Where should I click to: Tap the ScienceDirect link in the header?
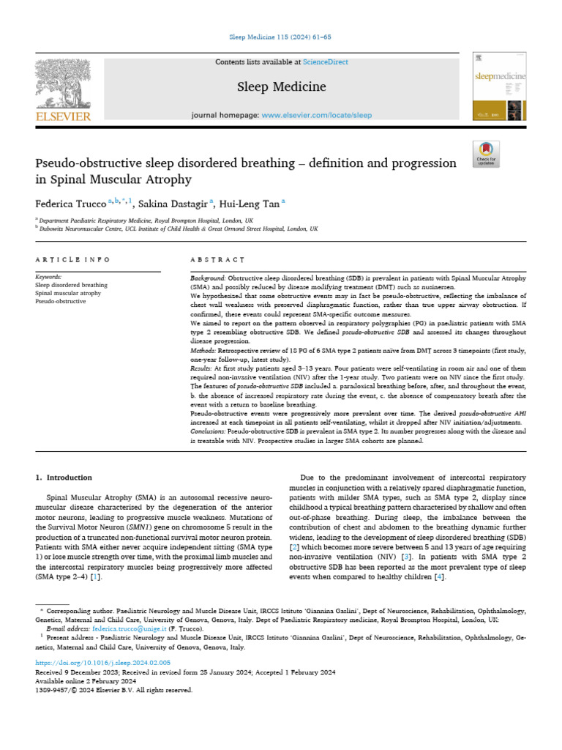pyautogui.click(x=327, y=62)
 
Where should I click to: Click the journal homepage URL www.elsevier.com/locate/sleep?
pyautogui.click(x=317, y=116)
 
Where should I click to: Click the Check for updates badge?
pyautogui.click(x=486, y=153)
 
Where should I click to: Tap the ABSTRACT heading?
pyautogui.click(x=217, y=259)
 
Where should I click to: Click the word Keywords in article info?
pyautogui.click(x=49, y=277)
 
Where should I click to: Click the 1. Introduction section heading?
pyautogui.click(x=64, y=478)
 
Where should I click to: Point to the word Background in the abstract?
pyautogui.click(x=208, y=279)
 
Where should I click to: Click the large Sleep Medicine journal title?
pyautogui.click(x=281, y=87)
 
